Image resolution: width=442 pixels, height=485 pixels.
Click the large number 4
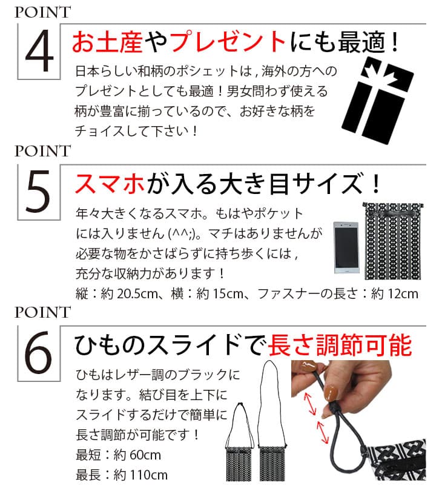tap(39, 52)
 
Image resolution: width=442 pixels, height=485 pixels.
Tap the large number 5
tap(38, 192)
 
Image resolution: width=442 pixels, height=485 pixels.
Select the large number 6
tap(38, 353)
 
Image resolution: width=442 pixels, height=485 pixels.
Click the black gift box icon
tap(377, 99)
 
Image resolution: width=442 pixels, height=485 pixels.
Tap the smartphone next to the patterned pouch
tap(346, 247)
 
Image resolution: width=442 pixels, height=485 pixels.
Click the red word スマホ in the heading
tap(110, 184)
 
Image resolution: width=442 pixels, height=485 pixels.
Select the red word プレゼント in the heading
tap(227, 42)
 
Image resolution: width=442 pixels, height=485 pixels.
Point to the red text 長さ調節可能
tap(340, 346)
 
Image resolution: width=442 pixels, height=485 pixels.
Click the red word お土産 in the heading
tap(107, 42)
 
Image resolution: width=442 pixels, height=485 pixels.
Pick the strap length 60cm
tap(145, 455)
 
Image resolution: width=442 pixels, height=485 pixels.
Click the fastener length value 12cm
tap(403, 293)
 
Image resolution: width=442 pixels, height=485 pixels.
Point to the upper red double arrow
tap(310, 404)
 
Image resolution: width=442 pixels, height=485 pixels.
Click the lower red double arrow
tap(323, 432)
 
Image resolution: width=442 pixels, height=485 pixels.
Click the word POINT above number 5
tap(42, 151)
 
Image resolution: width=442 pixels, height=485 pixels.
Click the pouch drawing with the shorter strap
tap(240, 443)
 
